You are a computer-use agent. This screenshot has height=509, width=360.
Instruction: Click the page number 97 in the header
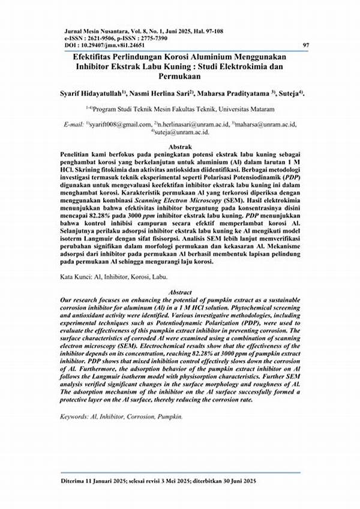click(x=306, y=44)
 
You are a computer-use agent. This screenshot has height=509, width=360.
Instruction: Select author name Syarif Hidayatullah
click(x=91, y=94)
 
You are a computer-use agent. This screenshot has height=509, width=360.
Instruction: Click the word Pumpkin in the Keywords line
click(x=169, y=415)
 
